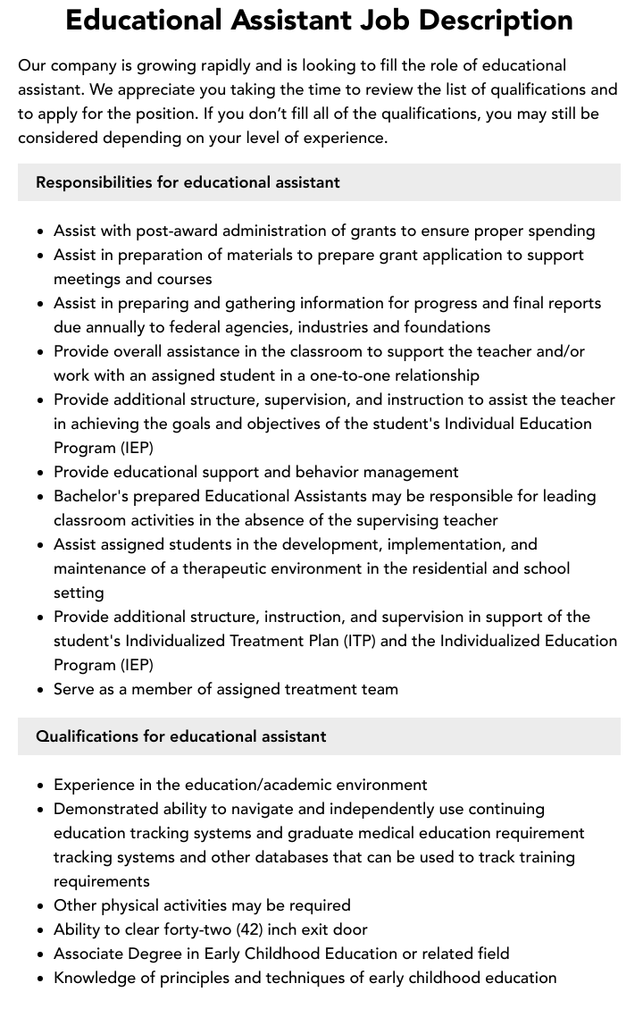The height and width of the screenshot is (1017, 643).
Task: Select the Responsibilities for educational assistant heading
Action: (188, 182)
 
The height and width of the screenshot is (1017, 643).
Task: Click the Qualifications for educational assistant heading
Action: (180, 736)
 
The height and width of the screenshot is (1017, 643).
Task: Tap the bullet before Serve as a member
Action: (41, 690)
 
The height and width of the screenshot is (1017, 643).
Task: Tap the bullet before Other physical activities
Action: (41, 906)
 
